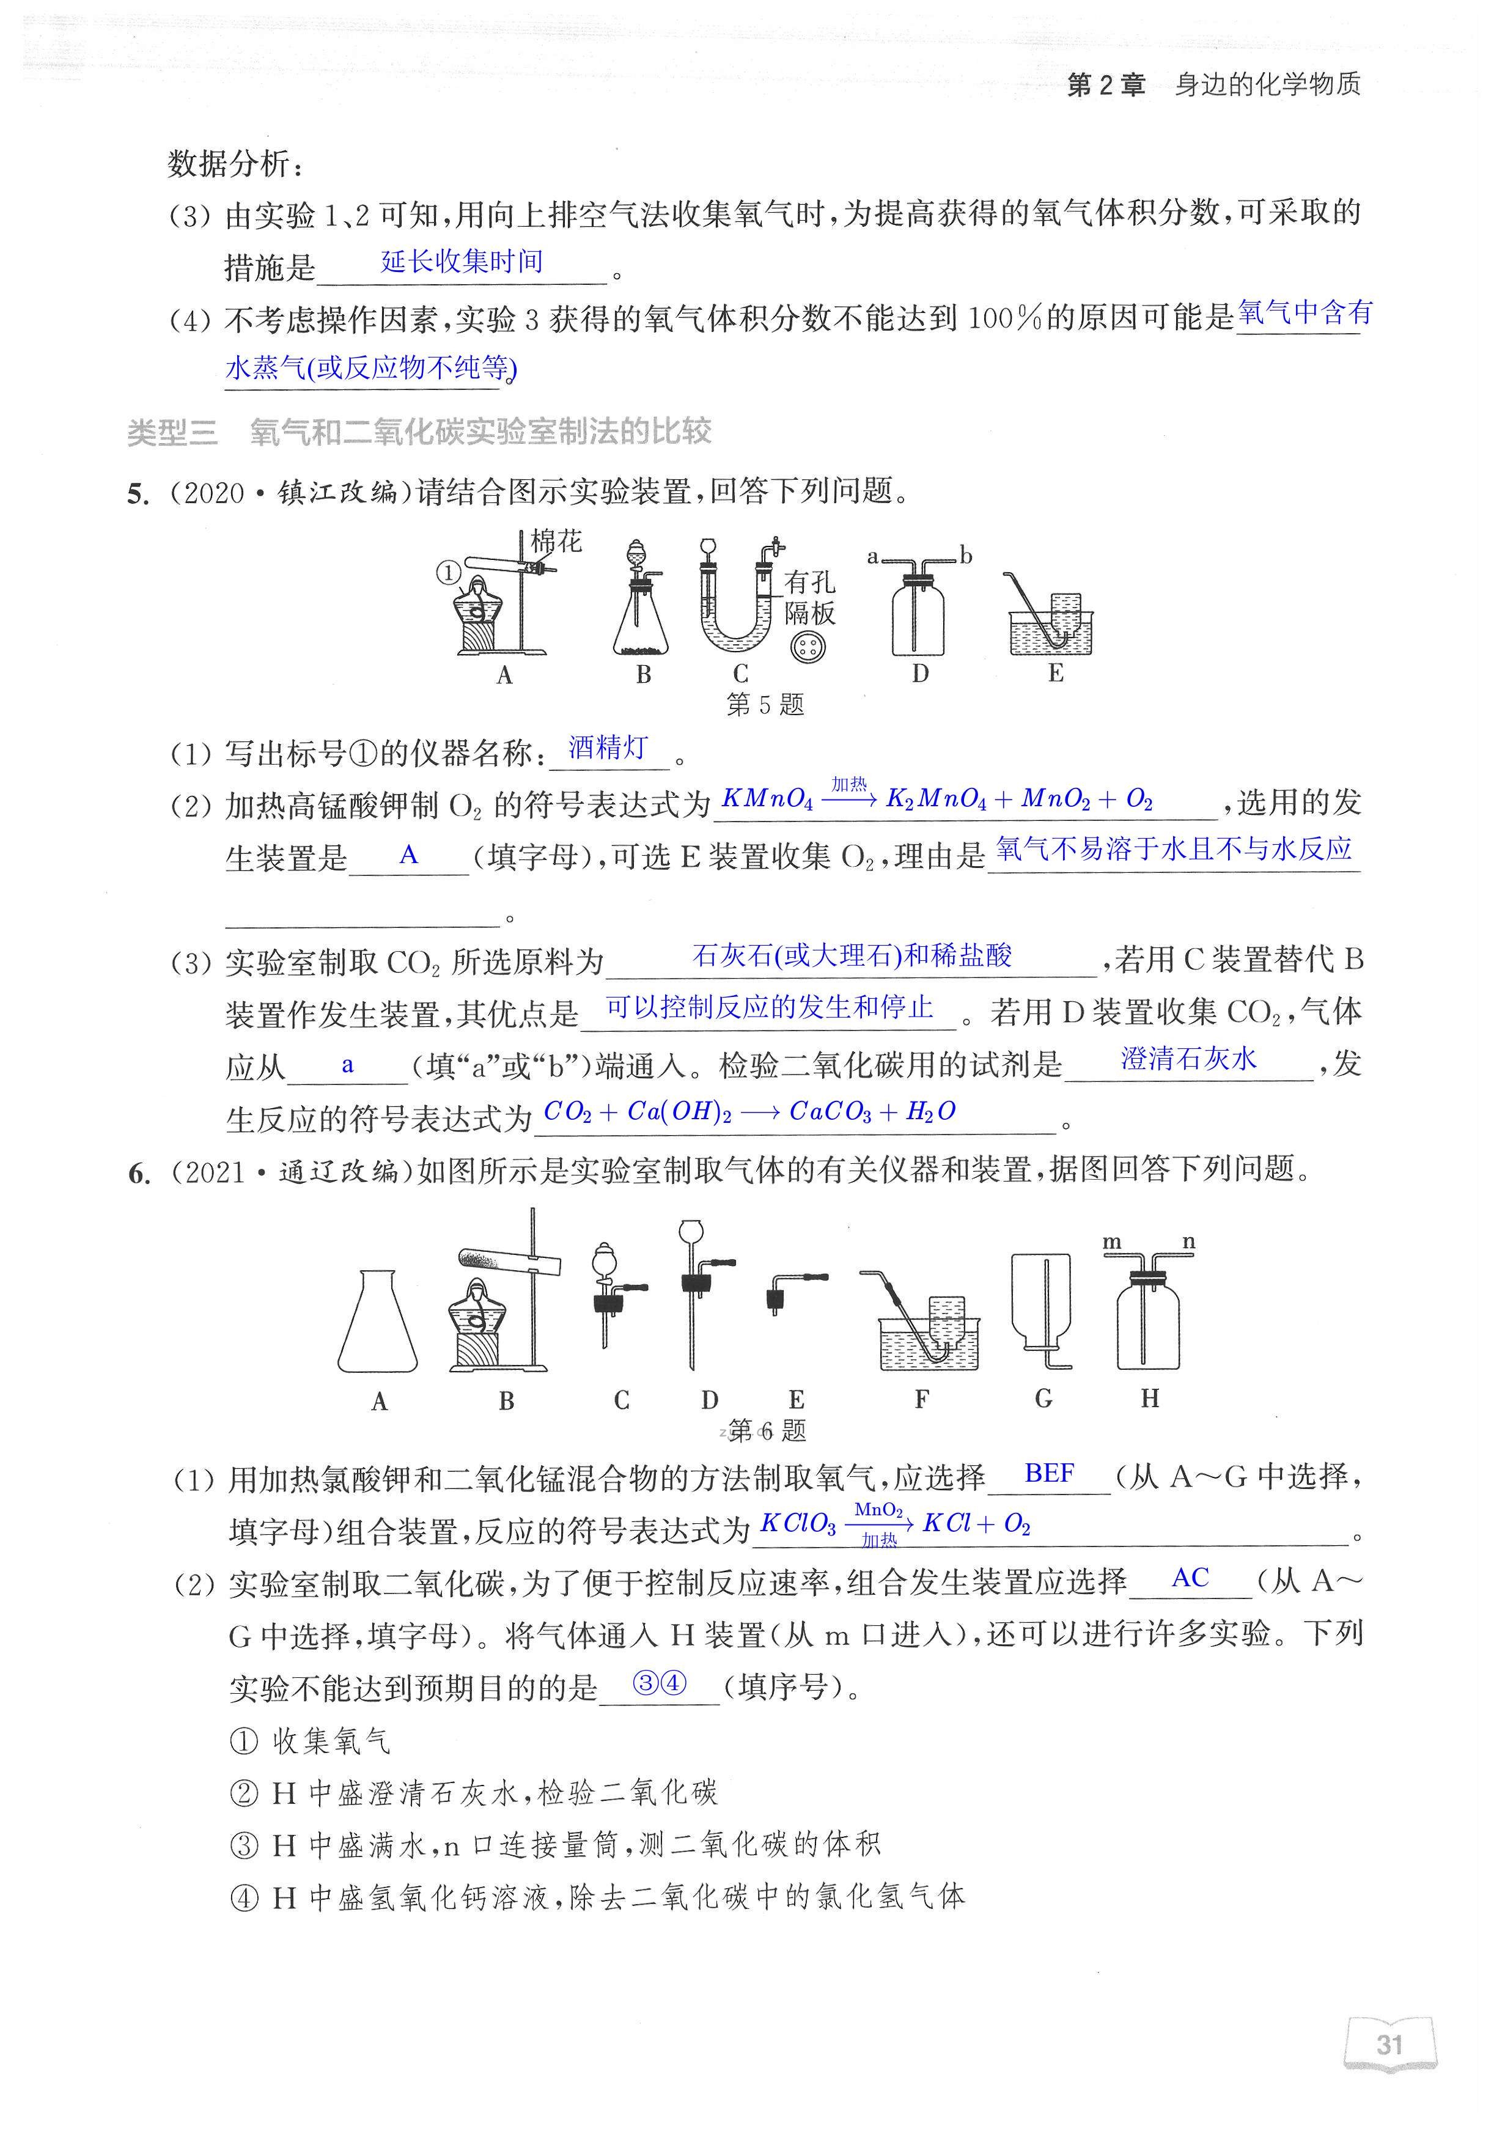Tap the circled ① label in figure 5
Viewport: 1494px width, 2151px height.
coord(449,572)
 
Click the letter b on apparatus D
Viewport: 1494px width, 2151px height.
coord(966,557)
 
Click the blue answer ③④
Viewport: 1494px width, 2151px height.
coord(659,1683)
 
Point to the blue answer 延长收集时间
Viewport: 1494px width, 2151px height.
coord(462,261)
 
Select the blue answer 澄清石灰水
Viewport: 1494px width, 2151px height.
coord(1189,1059)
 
